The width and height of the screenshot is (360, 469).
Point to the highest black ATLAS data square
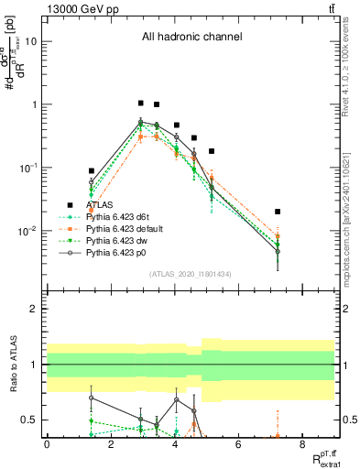click(140, 104)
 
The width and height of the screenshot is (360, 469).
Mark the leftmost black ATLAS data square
click(92, 170)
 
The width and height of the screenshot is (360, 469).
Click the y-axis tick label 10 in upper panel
click(31, 41)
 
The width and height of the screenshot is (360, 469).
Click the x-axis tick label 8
click(301, 444)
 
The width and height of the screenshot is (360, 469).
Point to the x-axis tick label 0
click(47, 444)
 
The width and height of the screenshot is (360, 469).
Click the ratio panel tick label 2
click(34, 310)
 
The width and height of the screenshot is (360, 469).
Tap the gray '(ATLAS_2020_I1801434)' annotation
click(191, 275)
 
